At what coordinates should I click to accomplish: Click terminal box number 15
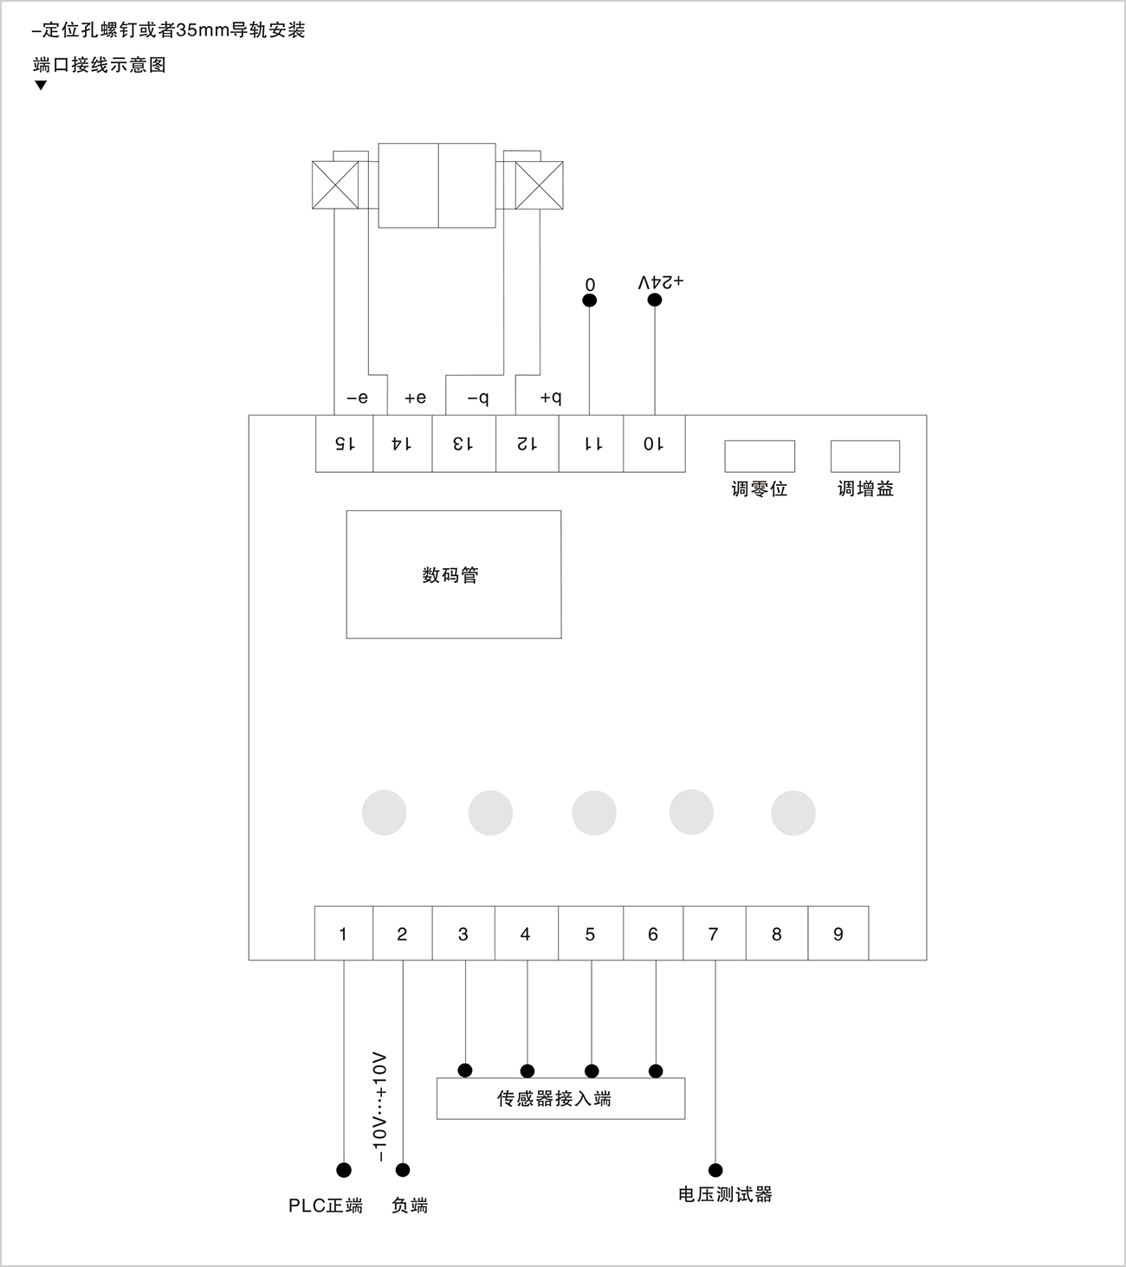tap(344, 443)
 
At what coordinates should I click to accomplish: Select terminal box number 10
tap(654, 443)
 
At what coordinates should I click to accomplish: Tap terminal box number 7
tap(714, 934)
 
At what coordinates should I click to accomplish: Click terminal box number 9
tap(838, 934)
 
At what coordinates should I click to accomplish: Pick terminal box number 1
tap(343, 934)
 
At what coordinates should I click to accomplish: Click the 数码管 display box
tap(453, 574)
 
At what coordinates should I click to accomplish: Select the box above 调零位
tap(760, 456)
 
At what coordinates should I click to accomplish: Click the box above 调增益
tap(864, 456)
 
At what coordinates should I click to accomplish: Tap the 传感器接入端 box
tap(560, 1098)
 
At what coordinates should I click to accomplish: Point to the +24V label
tap(661, 282)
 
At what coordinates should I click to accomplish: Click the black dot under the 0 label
tap(590, 301)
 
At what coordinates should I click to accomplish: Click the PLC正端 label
tap(326, 1206)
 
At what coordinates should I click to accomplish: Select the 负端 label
tap(410, 1206)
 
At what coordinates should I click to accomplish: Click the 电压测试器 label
tap(725, 1195)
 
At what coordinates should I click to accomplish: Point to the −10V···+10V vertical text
tap(379, 1108)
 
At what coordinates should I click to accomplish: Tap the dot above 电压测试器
tap(715, 1170)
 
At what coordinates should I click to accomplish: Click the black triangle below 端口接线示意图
tap(41, 86)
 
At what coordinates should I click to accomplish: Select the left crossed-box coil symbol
tap(334, 184)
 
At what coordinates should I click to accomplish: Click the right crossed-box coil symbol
tap(539, 184)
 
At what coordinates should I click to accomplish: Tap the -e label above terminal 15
tap(357, 398)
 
